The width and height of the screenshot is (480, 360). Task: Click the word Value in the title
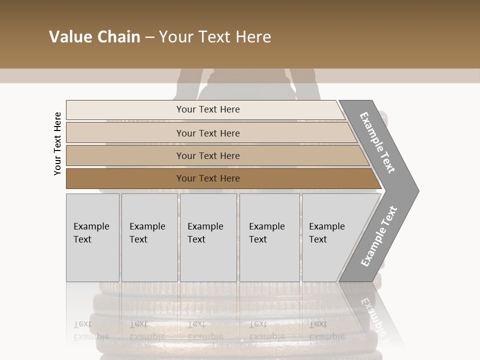pos(69,37)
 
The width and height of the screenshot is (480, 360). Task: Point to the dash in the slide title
pos(149,37)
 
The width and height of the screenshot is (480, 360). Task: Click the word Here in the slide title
pos(253,37)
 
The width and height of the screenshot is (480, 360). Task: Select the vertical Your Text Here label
pos(57,143)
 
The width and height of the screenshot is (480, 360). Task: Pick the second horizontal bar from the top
pos(207,133)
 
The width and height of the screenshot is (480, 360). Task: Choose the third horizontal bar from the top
pos(207,155)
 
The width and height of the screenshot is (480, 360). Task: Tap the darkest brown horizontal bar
pos(207,178)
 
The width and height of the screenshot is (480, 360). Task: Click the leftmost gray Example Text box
pos(92,237)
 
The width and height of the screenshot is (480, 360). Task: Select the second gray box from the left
pos(149,237)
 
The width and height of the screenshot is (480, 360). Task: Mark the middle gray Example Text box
pos(208,237)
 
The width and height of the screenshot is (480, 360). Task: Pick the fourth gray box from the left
pos(269,237)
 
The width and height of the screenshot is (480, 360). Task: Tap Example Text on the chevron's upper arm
pos(377,142)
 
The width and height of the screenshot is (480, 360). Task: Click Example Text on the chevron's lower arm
pos(378,236)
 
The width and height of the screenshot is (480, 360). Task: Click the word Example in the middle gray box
pos(205,226)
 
